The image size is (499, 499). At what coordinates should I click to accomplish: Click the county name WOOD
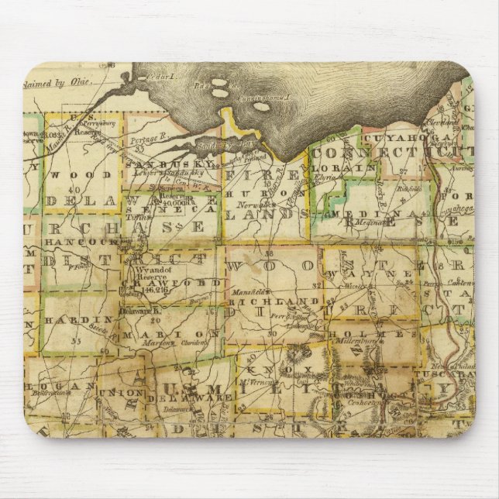74,174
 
